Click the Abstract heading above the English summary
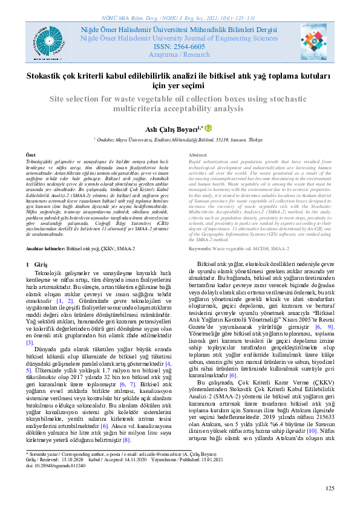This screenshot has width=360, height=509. pyautogui.click(x=199, y=155)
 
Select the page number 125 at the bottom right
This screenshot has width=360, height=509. pyautogui.click(x=330, y=487)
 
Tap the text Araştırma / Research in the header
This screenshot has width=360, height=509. pyautogui.click(x=180, y=54)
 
